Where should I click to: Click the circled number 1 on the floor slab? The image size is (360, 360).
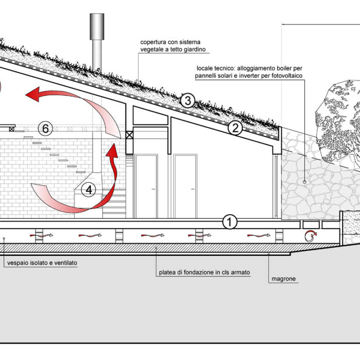[230, 222]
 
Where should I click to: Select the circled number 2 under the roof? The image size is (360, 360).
[235, 128]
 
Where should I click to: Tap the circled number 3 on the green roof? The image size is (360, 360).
[187, 101]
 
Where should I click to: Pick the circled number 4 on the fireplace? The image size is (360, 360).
[89, 190]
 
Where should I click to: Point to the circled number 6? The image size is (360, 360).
[45, 128]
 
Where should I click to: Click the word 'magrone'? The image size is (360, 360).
[284, 279]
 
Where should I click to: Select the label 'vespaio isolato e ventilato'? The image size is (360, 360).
[42, 262]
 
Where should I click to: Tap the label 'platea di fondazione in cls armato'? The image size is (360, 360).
[204, 272]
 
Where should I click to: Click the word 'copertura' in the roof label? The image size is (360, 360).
[153, 42]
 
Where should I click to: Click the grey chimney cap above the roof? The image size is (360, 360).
[97, 26]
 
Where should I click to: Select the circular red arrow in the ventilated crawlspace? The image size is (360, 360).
[310, 236]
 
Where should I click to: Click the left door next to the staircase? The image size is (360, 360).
[146, 186]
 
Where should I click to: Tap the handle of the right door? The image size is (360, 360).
[193, 189]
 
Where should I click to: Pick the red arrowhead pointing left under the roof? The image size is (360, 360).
[32, 94]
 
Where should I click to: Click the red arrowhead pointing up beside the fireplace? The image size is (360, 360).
[112, 150]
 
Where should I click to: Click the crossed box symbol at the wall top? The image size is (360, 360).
[129, 135]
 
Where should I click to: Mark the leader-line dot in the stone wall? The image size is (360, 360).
[305, 182]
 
